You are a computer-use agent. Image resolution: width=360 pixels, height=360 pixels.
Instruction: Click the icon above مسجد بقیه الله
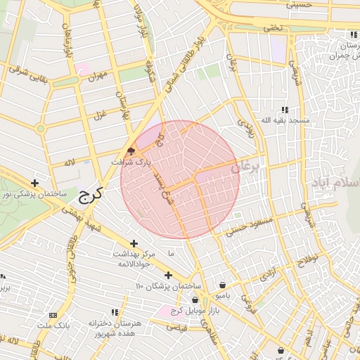(x=285, y=110)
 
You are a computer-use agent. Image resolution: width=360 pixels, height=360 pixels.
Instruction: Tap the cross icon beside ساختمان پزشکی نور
(x=34, y=183)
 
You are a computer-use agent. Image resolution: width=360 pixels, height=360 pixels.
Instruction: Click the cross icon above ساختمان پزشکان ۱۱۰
(x=167, y=275)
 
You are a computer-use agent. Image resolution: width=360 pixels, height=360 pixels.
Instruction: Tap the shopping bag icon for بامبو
(x=223, y=285)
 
